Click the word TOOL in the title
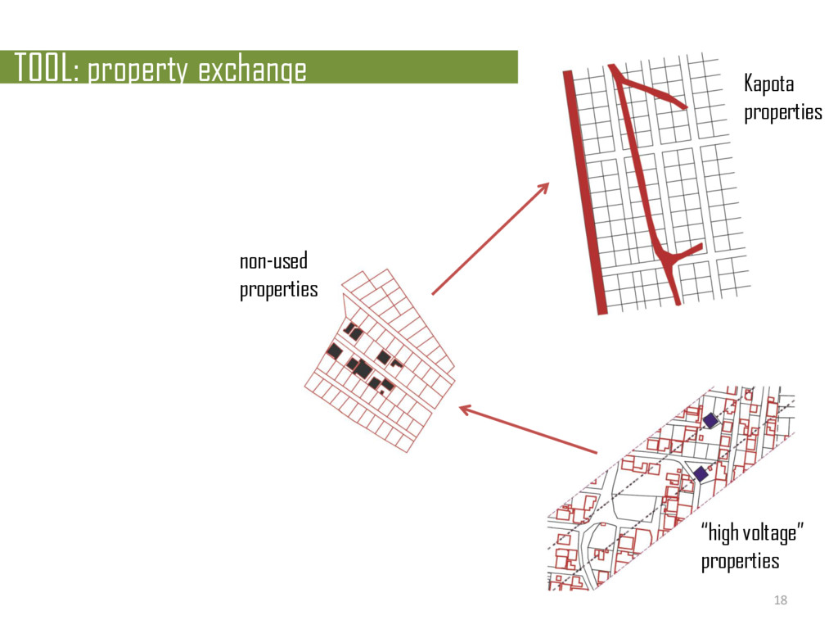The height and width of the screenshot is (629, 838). point(41,70)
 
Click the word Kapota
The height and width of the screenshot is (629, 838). point(768,84)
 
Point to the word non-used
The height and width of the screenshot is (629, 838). point(273,263)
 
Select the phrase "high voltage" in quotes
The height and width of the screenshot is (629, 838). point(752,535)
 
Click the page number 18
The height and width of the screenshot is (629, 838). point(780,601)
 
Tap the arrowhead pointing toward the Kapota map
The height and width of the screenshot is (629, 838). point(542,189)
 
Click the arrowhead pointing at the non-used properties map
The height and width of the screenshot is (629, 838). point(466,409)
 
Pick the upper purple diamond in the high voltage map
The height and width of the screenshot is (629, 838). point(710,420)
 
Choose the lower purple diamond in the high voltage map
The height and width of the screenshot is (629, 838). point(701,473)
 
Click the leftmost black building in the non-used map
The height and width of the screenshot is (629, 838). point(335,351)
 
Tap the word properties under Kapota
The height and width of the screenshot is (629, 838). point(782,112)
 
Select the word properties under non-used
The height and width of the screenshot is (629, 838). point(278,290)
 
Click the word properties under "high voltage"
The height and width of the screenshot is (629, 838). point(740,562)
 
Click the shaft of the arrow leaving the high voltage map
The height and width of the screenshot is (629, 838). point(532,431)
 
